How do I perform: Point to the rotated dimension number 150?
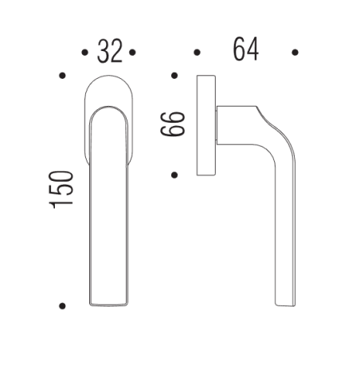(x=63, y=190)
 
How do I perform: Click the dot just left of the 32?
(x=84, y=53)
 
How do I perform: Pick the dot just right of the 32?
(x=133, y=53)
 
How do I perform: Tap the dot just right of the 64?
(x=295, y=53)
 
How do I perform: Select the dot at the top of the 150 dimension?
(x=62, y=77)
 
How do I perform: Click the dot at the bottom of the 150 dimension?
(x=62, y=305)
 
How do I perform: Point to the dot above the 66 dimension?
(x=174, y=77)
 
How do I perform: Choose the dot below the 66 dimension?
(x=174, y=174)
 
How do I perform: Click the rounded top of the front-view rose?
(x=109, y=84)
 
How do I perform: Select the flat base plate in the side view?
(x=205, y=125)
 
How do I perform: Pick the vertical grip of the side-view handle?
(x=286, y=231)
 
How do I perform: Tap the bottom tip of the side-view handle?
(x=286, y=303)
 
